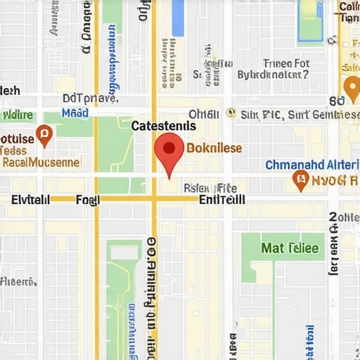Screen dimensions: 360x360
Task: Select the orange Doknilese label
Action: pos(215,148)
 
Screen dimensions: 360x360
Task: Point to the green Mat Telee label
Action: pos(290,248)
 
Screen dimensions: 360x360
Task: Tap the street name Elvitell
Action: pos(30,200)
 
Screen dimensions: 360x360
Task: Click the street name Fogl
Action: pos(87,200)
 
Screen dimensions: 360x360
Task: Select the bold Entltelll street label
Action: pos(222,200)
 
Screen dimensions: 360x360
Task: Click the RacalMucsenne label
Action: pos(41,162)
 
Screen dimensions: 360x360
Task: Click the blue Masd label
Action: pos(75,112)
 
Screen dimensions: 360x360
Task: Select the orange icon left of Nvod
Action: pos(300,181)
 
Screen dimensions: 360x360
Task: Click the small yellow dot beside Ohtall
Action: pos(231,112)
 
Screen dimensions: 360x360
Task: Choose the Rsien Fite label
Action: pos(210,188)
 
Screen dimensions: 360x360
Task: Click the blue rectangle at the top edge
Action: pos(178,18)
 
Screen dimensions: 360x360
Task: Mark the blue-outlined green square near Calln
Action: pos(310,21)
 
